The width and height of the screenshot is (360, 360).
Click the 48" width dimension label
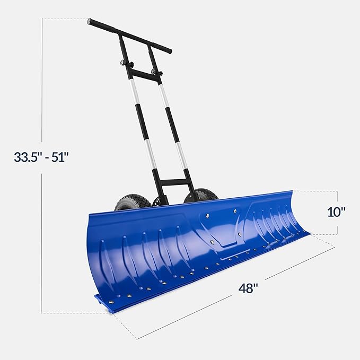[248, 289]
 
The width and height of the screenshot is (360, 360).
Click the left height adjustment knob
[124, 64]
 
